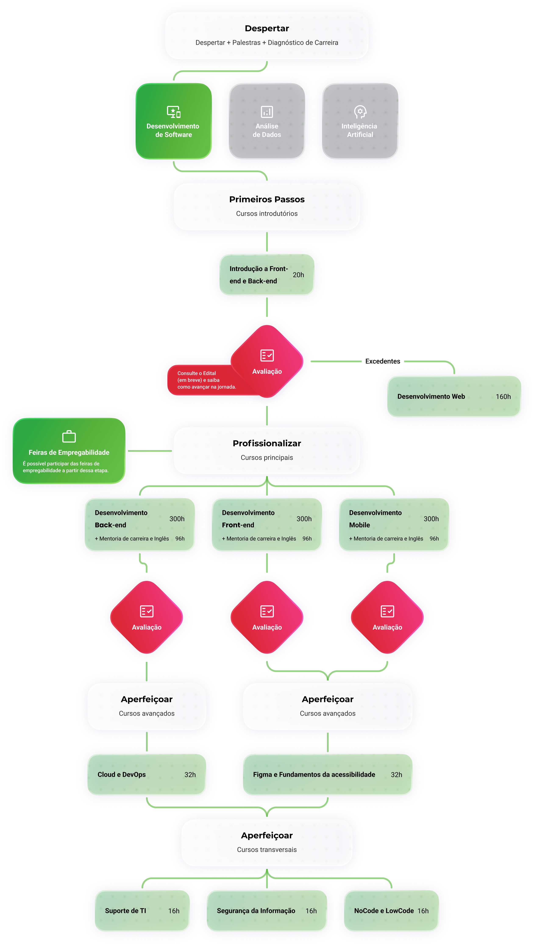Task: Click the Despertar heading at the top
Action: coord(267,28)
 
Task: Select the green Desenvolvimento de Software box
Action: coord(174,121)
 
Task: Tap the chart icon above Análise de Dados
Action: coord(267,111)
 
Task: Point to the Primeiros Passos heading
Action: coord(267,199)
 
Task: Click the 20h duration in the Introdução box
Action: coord(298,275)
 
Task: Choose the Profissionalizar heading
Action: coord(267,443)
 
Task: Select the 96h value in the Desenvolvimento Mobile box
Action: coord(434,538)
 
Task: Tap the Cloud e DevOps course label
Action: coord(121,774)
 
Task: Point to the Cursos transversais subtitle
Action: coord(267,850)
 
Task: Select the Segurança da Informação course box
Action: coord(267,910)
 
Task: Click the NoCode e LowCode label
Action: coord(384,910)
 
